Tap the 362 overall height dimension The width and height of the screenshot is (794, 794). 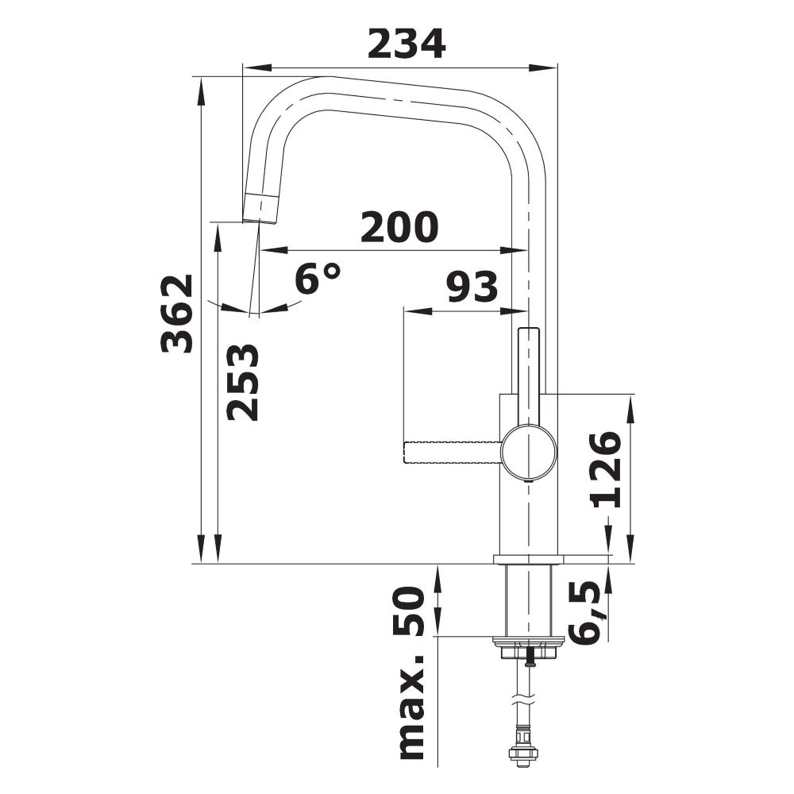(177, 314)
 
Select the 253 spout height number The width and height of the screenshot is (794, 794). (242, 382)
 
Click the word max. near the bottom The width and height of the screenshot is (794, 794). (410, 707)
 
